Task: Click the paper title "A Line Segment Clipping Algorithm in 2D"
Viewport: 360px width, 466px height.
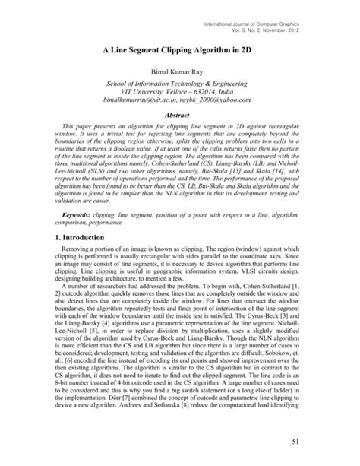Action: pos(180,46)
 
